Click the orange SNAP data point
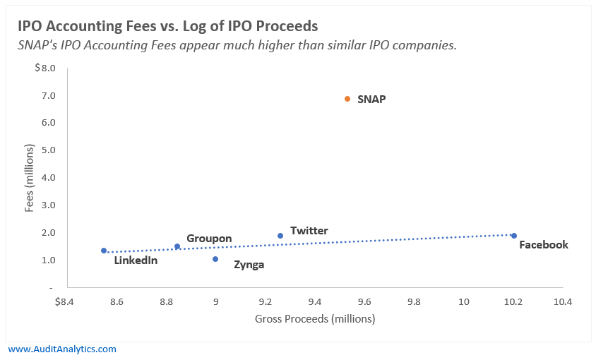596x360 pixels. [x=347, y=99]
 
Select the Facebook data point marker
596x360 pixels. [x=514, y=236]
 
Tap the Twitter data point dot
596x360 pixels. [x=280, y=236]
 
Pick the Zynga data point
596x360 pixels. [x=215, y=259]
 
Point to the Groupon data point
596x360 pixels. [x=177, y=246]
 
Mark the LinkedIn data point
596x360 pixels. [x=104, y=251]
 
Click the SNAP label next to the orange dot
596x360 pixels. [x=371, y=100]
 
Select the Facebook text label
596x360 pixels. [x=543, y=245]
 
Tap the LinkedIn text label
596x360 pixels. [x=136, y=260]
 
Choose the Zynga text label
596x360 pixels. [x=249, y=265]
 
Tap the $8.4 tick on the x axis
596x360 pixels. [x=64, y=302]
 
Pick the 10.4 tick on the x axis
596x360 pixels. [x=562, y=302]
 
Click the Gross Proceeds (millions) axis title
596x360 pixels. [x=314, y=318]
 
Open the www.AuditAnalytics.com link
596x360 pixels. [x=62, y=349]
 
